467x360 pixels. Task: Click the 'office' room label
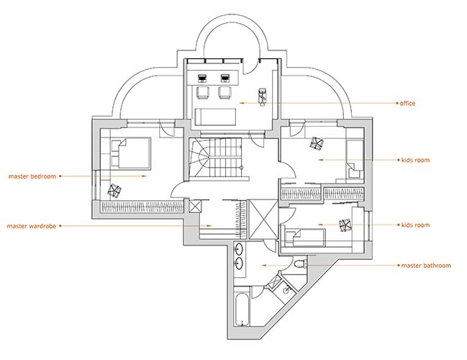(407, 104)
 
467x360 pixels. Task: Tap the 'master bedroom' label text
(32, 176)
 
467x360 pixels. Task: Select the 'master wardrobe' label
(32, 226)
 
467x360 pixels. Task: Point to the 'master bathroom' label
(426, 265)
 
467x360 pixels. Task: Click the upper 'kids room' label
(415, 160)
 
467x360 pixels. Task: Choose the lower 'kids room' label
(415, 225)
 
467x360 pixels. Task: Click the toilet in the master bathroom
(300, 264)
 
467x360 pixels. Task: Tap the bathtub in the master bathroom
(242, 310)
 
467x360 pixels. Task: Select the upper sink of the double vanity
(240, 249)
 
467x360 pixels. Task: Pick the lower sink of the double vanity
(239, 264)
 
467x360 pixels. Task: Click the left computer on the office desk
(202, 78)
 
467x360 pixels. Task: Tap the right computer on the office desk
(225, 78)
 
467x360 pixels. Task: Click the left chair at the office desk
(203, 92)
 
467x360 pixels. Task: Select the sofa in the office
(215, 117)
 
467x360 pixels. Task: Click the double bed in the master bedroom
(131, 153)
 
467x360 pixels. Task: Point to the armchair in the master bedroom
(114, 191)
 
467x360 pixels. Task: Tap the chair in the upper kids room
(317, 143)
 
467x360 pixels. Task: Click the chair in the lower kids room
(345, 225)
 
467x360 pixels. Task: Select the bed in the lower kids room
(304, 238)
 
